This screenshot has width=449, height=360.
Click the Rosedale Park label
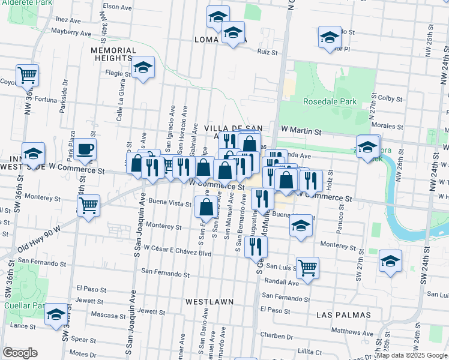330,102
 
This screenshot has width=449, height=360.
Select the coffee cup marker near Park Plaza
85,149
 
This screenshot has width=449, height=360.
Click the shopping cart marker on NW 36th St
27,75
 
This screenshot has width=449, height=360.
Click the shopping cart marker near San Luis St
307,267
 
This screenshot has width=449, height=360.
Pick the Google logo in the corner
20,352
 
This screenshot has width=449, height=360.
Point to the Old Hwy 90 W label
40,239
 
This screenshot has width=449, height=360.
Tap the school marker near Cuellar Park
56,314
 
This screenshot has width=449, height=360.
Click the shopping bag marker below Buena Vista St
206,207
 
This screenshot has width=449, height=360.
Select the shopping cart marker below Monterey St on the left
89,206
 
